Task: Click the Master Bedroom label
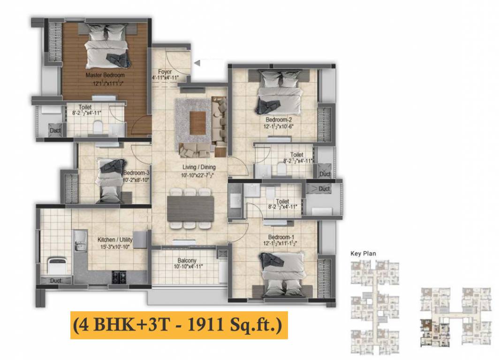pyautogui.click(x=105, y=75)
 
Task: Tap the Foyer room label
pyautogui.click(x=165, y=72)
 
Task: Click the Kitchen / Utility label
pyautogui.click(x=115, y=240)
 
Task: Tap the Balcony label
pyautogui.click(x=187, y=261)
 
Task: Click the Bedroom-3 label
pyautogui.click(x=136, y=172)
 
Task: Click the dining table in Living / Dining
pyautogui.click(x=190, y=208)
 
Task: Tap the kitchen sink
pyautogui.click(x=80, y=241)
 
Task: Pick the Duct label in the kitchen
pyautogui.click(x=55, y=280)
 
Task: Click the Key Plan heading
pyautogui.click(x=363, y=254)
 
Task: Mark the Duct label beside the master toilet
pyautogui.click(x=55, y=131)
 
